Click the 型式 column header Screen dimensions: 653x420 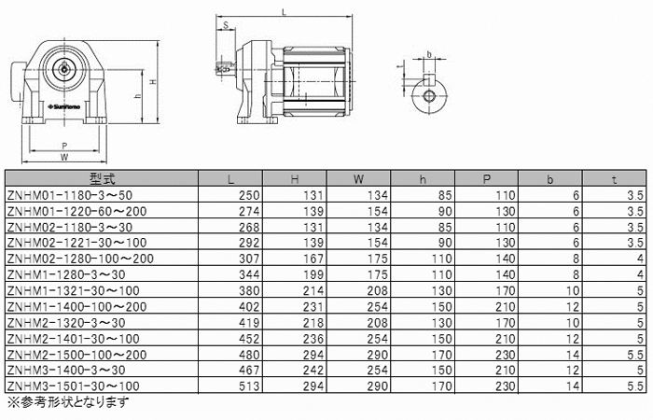pos(102,179)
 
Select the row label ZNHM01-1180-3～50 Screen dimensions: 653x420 pos(70,195)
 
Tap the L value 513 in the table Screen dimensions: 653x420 pos(249,386)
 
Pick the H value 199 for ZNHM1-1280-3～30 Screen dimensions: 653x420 pos(313,275)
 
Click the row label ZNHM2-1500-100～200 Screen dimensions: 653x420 pos(76,355)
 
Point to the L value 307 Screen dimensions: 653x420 pos(249,259)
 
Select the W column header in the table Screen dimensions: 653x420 pos(358,179)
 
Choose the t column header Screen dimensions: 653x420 pos(614,179)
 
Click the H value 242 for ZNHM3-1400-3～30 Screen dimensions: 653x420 pos(313,371)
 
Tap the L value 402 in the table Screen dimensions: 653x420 pos(249,307)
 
